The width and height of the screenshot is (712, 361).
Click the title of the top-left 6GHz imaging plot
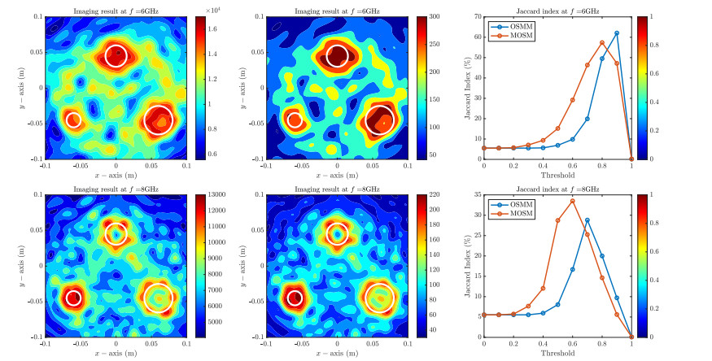click(116, 8)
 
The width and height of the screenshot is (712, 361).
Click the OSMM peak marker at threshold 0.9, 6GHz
click(617, 33)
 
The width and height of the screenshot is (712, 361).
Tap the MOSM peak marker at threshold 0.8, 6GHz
click(602, 43)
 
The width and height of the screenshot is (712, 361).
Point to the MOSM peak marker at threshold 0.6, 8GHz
click(573, 202)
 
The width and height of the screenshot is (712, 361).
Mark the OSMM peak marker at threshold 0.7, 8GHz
click(588, 220)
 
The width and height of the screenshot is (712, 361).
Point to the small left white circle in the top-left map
click(73, 120)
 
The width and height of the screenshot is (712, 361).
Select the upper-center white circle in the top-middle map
click(338, 56)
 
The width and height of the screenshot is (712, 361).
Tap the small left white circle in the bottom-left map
click(73, 298)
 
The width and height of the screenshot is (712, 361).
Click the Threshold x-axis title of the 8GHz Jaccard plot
click(557, 354)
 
